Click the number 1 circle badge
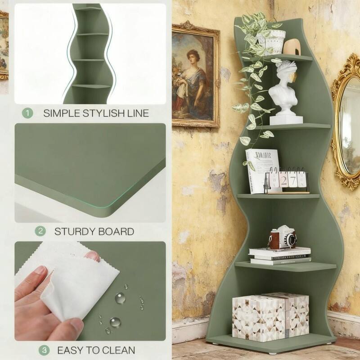[28, 112]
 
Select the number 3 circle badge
[44, 350]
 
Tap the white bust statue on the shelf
[286, 92]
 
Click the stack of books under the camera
[280, 256]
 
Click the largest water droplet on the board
[120, 297]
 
